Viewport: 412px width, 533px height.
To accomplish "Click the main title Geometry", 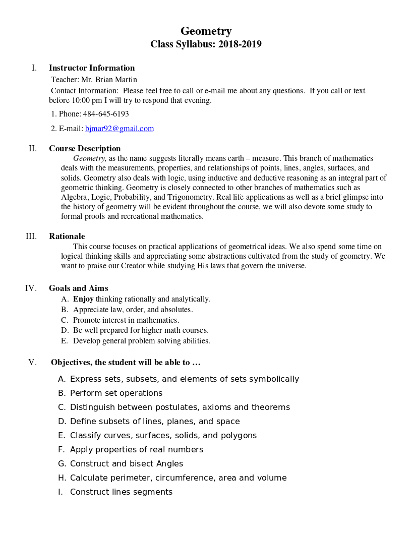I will [206, 31].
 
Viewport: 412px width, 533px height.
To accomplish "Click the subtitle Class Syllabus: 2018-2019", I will [206, 44].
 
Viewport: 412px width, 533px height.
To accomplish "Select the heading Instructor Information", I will [92, 68].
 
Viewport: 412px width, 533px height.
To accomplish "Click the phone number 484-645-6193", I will [106, 114].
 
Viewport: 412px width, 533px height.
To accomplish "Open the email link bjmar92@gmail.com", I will [119, 129].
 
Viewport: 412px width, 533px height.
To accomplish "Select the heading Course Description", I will [85, 149].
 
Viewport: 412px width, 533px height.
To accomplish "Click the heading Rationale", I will [67, 236].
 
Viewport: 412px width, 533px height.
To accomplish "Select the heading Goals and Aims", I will [78, 288].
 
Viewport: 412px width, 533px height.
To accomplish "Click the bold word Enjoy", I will [83, 299].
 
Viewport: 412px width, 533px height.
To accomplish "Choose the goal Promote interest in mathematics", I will [126, 320].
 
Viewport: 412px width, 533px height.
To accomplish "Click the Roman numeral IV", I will [31, 288].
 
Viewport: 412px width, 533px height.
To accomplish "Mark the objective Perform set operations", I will [116, 393].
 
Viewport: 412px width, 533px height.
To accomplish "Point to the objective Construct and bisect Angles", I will [126, 464].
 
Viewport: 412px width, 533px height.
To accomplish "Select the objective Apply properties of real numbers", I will [136, 450].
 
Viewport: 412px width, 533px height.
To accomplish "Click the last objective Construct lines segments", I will [121, 492].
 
